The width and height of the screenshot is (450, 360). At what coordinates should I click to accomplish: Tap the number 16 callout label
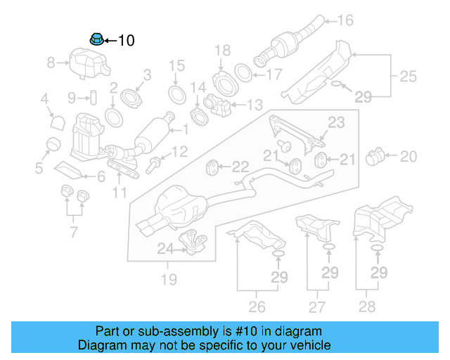point(345,20)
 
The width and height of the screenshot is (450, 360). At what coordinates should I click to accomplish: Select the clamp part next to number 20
point(376,155)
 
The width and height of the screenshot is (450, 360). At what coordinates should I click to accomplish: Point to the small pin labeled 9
point(91,96)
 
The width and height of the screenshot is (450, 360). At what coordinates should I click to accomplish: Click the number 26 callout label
point(257,306)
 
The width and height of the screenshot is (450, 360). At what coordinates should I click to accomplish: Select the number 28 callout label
point(366,306)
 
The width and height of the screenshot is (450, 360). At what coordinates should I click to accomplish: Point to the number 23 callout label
point(337,122)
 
